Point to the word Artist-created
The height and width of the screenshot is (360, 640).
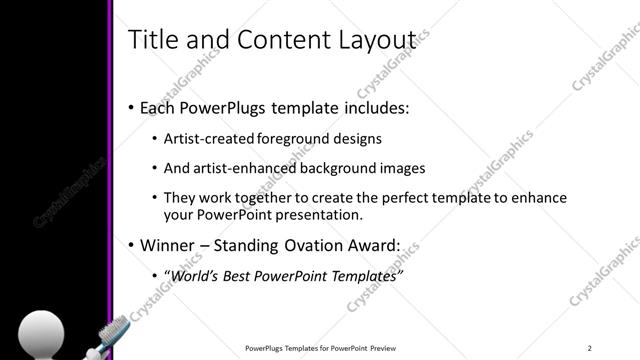208,138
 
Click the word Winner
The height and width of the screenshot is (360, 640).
169,244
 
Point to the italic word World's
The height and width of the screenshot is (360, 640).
195,274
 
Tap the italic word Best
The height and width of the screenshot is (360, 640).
245,274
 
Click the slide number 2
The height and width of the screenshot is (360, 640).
590,347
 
